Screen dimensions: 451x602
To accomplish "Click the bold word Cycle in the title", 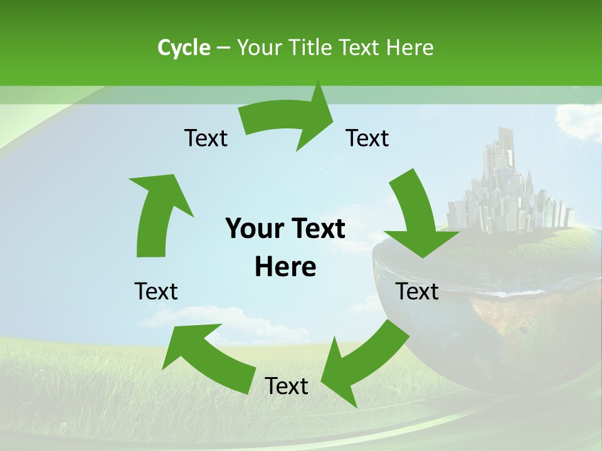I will (x=184, y=48).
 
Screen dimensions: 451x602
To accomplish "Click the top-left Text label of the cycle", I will (x=206, y=138).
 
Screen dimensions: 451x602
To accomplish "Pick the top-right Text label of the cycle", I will (x=367, y=138).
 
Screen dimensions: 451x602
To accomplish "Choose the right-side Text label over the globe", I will (x=418, y=291).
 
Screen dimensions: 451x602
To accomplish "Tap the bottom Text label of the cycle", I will (x=287, y=386).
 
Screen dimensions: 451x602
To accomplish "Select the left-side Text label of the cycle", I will (x=156, y=291).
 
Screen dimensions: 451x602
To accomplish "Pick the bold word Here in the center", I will (x=285, y=267).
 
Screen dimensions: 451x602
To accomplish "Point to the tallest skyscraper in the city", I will (x=505, y=150).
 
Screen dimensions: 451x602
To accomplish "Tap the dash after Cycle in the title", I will (x=224, y=48).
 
